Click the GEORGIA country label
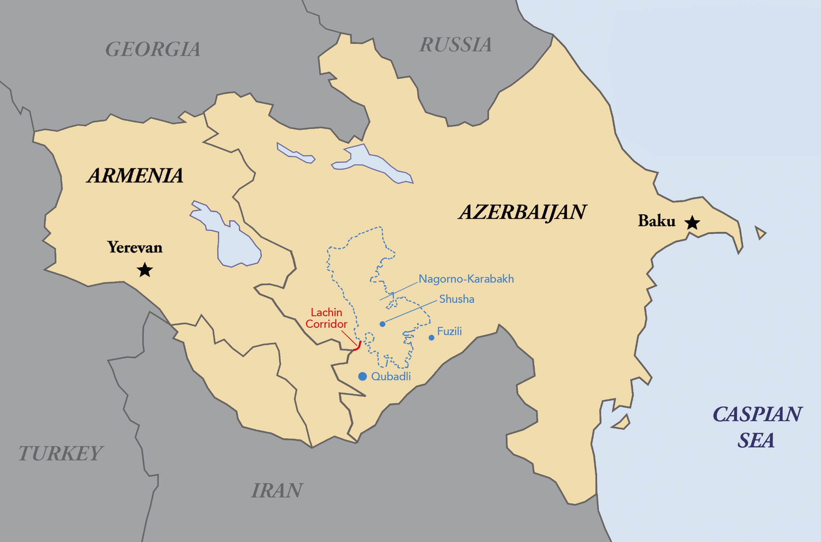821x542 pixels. [153, 49]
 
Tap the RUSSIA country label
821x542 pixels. [455, 44]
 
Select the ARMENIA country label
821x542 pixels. [135, 175]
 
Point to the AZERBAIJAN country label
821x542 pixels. [522, 212]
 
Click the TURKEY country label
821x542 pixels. [61, 453]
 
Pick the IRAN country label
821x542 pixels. [277, 490]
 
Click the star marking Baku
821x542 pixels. [692, 223]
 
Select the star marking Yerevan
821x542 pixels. [145, 270]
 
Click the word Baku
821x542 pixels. [656, 221]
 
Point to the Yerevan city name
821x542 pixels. [135, 247]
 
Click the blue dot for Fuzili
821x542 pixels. [431, 338]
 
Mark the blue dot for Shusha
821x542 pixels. [382, 324]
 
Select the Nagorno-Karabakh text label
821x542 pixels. [466, 279]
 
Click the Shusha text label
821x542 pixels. [456, 299]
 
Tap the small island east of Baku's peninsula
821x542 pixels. [760, 233]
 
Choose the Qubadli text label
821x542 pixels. [391, 377]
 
